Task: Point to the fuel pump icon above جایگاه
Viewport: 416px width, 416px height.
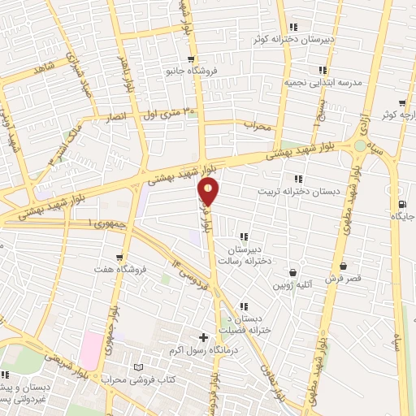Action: [x=401, y=204]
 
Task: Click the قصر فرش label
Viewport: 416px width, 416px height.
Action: [x=343, y=279]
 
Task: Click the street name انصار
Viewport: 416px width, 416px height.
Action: [x=119, y=118]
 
